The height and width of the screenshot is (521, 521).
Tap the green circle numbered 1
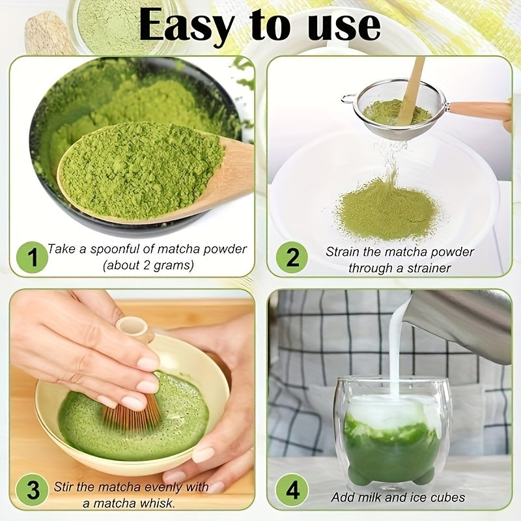tap(32, 257)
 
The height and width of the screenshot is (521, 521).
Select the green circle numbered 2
tap(291, 257)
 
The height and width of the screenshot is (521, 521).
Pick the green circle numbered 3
tap(32, 489)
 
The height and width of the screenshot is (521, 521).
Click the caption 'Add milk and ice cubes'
tap(398, 498)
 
